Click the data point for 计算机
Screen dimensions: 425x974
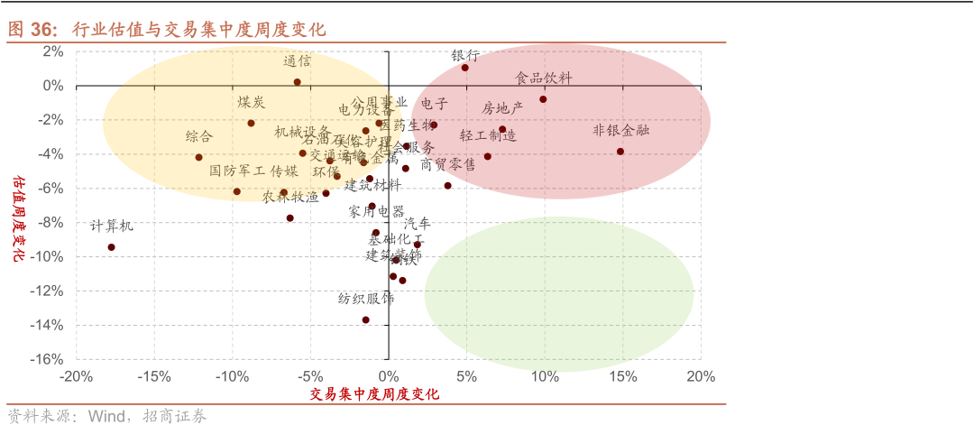pos(112,247)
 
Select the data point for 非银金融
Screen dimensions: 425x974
pos(620,152)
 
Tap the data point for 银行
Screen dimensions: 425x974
pos(465,68)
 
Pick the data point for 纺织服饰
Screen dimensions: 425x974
pos(366,319)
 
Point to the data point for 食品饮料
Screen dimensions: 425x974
pos(543,99)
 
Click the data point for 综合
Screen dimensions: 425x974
pos(199,157)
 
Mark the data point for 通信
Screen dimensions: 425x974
pos(297,82)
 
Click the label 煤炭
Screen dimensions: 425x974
pos(251,102)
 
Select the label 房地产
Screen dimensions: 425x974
pos(502,108)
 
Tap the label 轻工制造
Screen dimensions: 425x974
pos(488,135)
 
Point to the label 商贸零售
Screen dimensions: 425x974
pos(448,164)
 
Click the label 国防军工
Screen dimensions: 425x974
pos(237,171)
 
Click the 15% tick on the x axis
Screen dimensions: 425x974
pos(622,376)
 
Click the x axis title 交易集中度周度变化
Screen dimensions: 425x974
pos(374,394)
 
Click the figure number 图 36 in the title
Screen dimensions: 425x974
pos(32,29)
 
